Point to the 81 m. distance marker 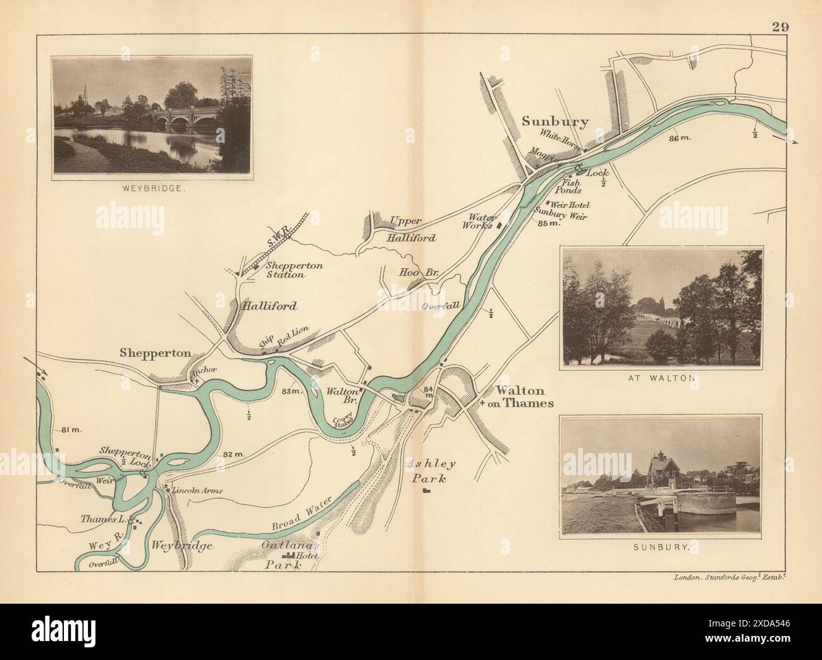click(74, 431)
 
